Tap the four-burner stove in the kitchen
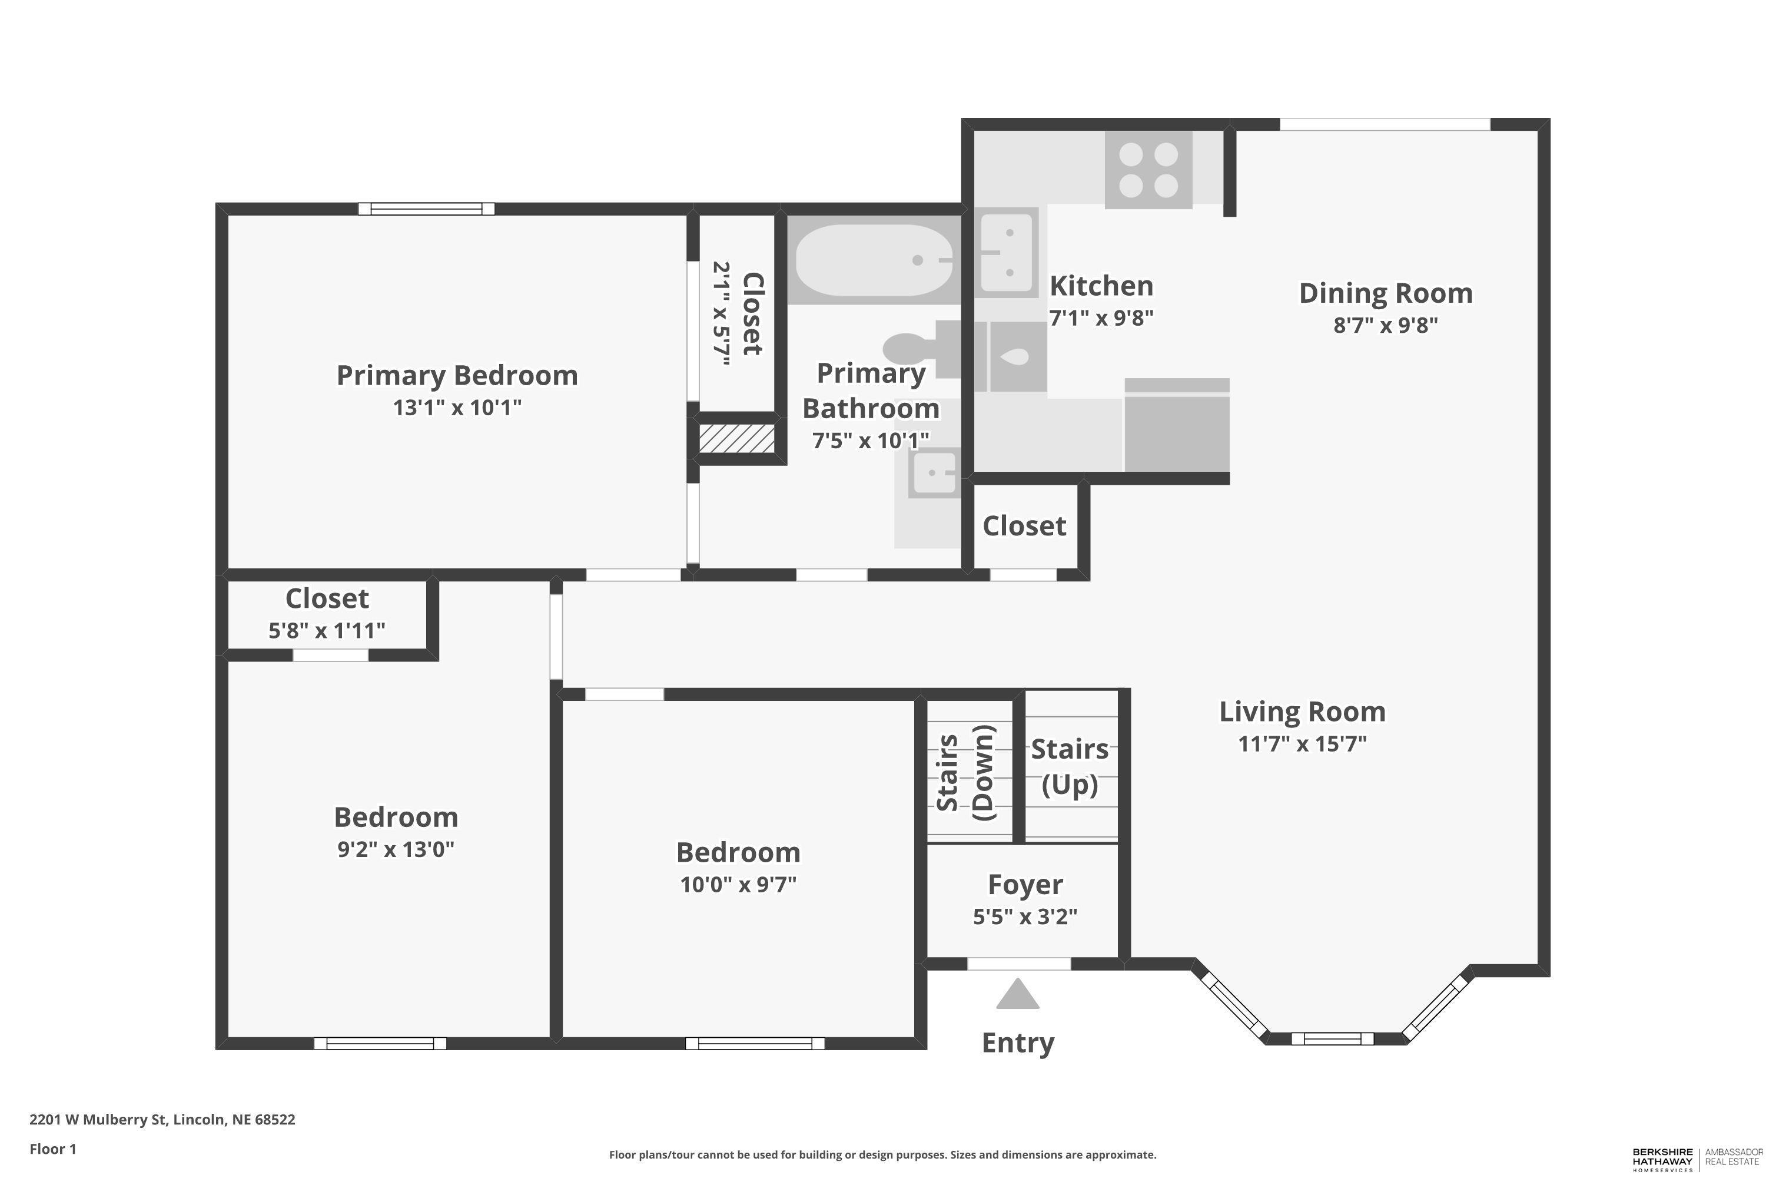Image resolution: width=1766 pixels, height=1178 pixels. click(1148, 170)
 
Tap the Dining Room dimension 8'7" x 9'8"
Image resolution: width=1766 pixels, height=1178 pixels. click(1385, 325)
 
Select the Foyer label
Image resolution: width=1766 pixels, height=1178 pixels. click(1025, 884)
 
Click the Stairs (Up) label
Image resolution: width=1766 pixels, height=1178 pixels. click(1069, 766)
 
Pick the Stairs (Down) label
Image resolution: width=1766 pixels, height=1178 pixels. click(965, 772)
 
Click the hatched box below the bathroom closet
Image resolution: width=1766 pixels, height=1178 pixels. click(736, 439)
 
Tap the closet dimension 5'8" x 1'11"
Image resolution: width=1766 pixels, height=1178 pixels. click(327, 630)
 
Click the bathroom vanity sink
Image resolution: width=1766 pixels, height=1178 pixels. click(933, 474)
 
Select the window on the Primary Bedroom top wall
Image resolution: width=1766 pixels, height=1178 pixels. click(426, 209)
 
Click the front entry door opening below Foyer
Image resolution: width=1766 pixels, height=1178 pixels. click(1018, 964)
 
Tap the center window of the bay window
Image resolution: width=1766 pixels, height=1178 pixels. click(1332, 1039)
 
